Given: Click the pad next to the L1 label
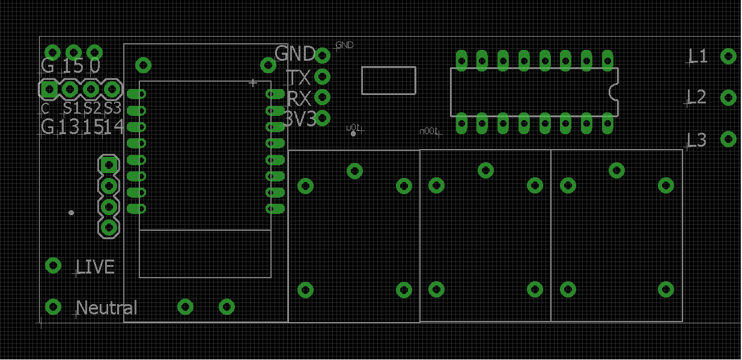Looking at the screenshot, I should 728,56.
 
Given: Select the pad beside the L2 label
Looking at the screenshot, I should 728,97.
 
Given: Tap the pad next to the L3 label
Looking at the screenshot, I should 728,139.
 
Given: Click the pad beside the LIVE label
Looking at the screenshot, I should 53,266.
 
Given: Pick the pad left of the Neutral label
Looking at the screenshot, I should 53,307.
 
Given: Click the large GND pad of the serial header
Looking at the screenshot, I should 323,55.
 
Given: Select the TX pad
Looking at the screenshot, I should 323,76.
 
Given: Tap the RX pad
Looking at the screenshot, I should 323,97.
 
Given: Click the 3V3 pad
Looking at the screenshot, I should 323,118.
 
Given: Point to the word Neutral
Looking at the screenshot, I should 107,308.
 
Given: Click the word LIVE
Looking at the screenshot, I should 96,267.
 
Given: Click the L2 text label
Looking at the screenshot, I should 697,97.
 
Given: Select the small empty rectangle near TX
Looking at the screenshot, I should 389,81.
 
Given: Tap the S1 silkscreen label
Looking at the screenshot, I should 71,109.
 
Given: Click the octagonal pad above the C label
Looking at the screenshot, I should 49,90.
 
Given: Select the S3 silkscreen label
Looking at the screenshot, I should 112,109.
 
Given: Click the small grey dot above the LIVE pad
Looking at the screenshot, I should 71,213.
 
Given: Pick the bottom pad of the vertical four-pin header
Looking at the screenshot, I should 109,227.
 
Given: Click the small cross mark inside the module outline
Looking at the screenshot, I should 253,82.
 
